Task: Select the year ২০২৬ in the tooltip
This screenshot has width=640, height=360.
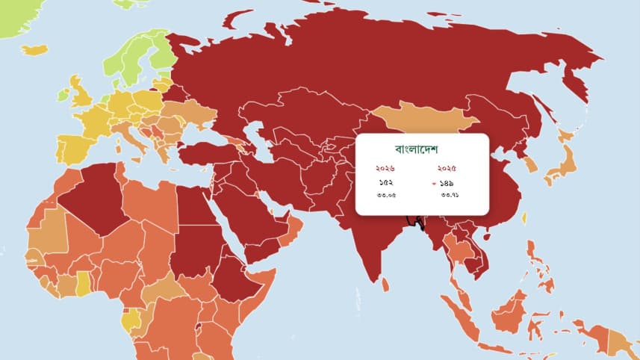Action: pyautogui.click(x=385, y=168)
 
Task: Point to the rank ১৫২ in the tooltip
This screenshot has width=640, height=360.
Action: pyautogui.click(x=385, y=182)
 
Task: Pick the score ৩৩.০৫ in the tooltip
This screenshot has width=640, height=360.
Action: pyautogui.click(x=385, y=195)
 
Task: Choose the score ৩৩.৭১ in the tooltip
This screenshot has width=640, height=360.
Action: pyautogui.click(x=450, y=195)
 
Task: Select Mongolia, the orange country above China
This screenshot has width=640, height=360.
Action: pyautogui.click(x=422, y=120)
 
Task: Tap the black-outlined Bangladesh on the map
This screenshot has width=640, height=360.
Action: pyautogui.click(x=413, y=222)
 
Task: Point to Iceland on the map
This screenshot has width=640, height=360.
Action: pyautogui.click(x=34, y=50)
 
